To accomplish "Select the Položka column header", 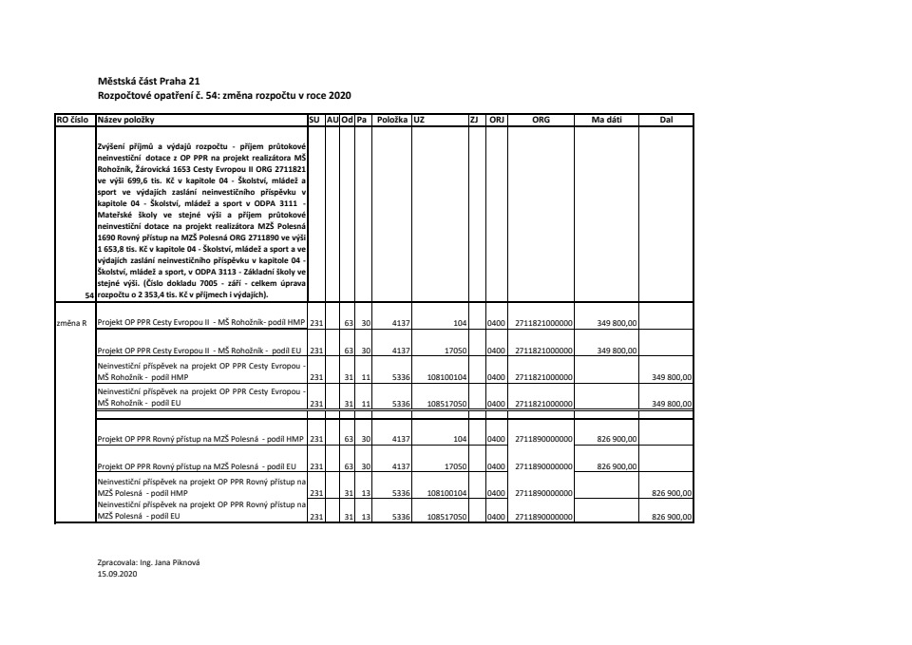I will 391,121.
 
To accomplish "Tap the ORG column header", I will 541,121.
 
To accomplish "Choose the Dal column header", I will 666,121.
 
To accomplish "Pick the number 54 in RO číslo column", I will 89,295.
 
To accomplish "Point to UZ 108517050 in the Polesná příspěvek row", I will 444,518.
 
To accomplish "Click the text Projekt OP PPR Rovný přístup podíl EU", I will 198,466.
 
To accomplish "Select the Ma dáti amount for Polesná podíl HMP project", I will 617,440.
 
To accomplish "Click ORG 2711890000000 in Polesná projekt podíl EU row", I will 544,466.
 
